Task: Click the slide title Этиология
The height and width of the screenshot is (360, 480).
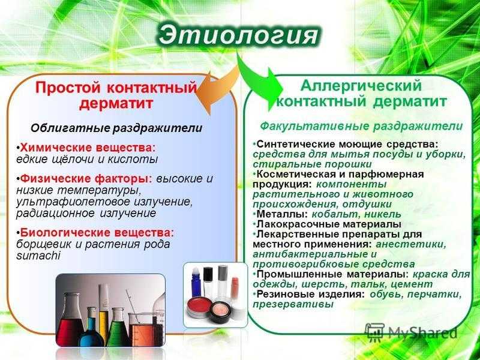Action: [x=238, y=35]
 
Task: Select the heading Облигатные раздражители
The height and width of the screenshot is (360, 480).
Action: [x=116, y=128]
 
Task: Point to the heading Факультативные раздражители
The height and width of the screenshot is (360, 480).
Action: [x=361, y=126]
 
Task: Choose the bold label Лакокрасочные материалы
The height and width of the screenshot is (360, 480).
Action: [x=329, y=224]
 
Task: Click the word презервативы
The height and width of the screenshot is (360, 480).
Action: [x=293, y=305]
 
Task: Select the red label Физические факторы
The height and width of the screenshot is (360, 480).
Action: [x=86, y=178]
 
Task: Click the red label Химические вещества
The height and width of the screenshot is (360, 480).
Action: [x=88, y=148]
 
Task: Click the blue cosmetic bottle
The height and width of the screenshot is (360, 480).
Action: [x=196, y=283]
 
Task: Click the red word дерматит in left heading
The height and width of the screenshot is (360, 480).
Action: [x=116, y=103]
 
